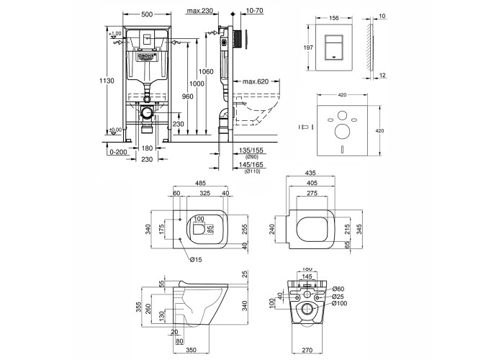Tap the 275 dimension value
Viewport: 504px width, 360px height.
point(312,194)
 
